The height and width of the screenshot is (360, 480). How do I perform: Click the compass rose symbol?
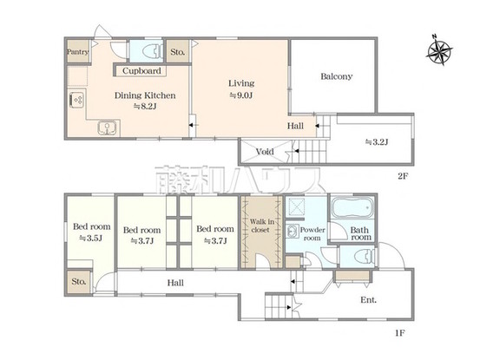point(439,49)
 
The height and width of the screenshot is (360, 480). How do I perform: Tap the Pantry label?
point(78,52)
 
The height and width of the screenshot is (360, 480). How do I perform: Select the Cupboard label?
point(141,71)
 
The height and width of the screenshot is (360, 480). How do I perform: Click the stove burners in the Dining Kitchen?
point(76,100)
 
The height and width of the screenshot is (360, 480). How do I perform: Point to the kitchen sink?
point(107,128)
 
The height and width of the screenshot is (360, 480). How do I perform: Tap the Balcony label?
point(337,76)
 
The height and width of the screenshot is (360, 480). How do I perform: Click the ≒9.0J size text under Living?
point(241,95)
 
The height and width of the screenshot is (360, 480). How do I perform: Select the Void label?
point(265,152)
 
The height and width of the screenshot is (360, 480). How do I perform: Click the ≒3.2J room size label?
point(377,142)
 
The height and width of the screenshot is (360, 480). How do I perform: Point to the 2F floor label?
point(403,176)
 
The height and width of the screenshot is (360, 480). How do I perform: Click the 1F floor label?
point(400,333)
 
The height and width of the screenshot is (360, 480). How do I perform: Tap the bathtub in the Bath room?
point(352,207)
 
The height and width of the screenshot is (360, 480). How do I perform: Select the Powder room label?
point(312,233)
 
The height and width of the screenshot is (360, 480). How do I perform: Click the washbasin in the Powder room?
point(293,232)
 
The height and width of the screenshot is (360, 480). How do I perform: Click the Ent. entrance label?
point(369,300)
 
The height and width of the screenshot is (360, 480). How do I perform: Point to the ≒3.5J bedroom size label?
point(90,239)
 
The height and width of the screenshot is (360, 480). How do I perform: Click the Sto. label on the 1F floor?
point(79,281)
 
